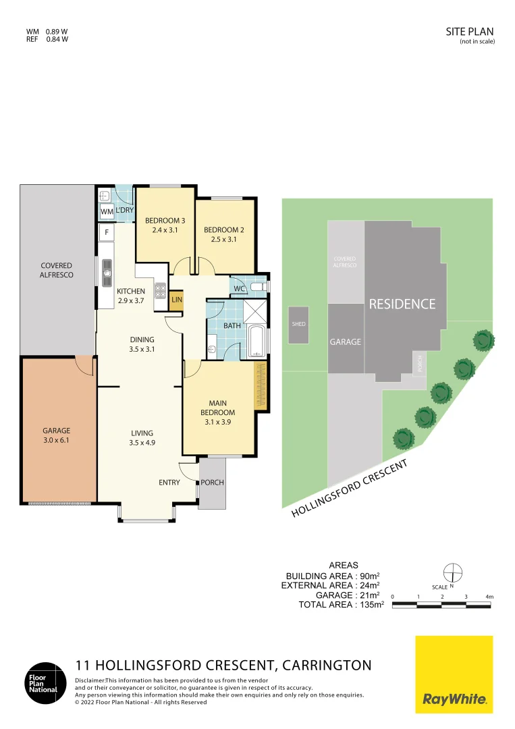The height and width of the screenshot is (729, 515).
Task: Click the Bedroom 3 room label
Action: tap(165, 225)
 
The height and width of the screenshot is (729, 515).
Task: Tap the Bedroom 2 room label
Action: tap(223, 234)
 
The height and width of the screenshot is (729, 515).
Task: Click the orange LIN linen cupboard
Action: tap(176, 300)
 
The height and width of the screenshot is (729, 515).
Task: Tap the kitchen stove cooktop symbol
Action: tap(161, 291)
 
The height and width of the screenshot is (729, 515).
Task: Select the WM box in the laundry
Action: tap(107, 212)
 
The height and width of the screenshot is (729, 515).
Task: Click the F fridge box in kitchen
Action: tap(106, 234)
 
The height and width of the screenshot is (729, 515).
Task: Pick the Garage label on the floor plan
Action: tap(57, 435)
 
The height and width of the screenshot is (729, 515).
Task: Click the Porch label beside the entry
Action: tap(212, 483)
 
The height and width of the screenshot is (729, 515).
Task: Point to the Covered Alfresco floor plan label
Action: tap(57, 270)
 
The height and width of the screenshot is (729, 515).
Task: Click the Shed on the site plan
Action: tap(298, 325)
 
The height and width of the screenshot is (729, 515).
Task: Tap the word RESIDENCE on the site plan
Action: tap(402, 304)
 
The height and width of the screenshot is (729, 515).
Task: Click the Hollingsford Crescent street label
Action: tap(350, 489)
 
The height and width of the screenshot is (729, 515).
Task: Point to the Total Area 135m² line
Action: tap(341, 605)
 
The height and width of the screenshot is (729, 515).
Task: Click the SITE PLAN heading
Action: tap(470, 31)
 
